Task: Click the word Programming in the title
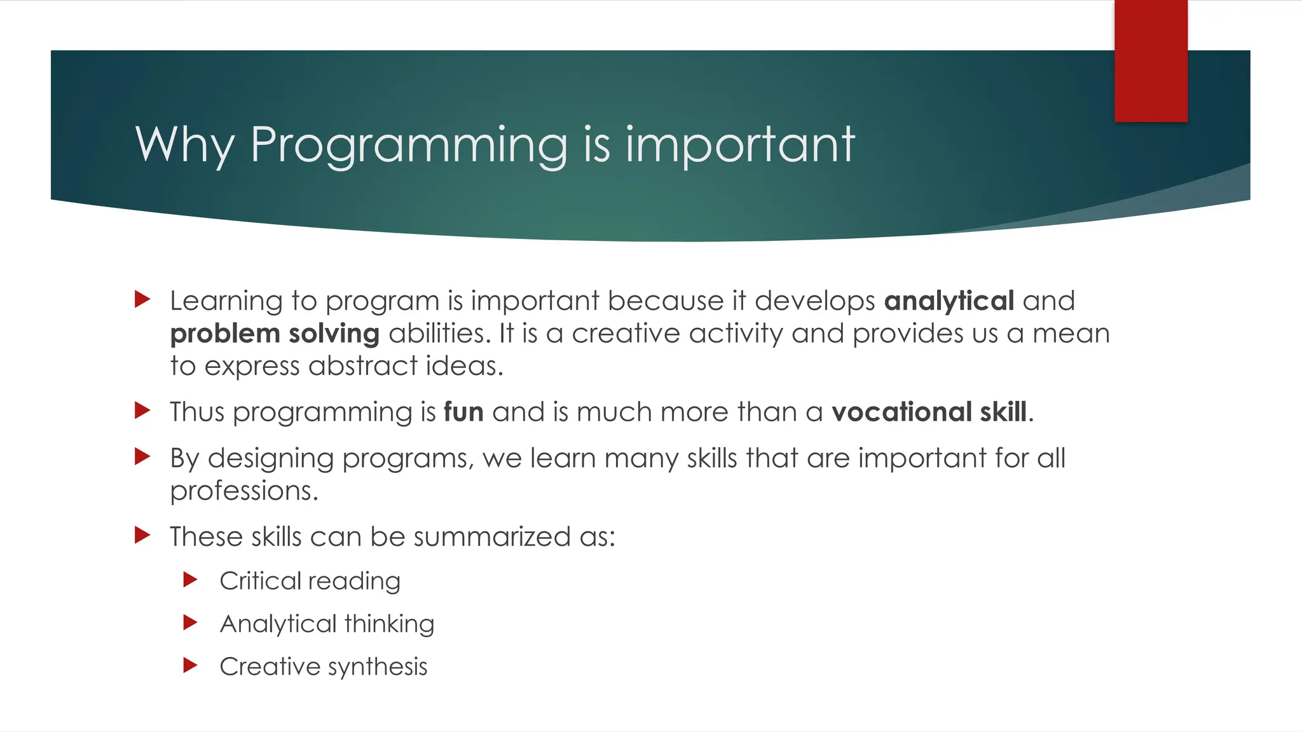click(x=408, y=146)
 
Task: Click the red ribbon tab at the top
click(x=1151, y=61)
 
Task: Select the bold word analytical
click(x=949, y=301)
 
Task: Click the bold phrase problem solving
click(x=275, y=334)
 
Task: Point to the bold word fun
click(x=463, y=412)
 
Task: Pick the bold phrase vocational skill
click(x=929, y=412)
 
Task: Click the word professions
click(x=243, y=491)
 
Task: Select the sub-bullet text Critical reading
click(x=310, y=581)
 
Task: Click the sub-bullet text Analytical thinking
click(x=327, y=624)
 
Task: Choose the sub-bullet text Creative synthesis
click(x=323, y=667)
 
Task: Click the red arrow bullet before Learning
click(x=142, y=299)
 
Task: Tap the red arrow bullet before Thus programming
click(x=142, y=410)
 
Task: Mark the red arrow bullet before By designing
click(x=142, y=456)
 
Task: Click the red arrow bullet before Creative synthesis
click(x=190, y=665)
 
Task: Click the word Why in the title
click(x=185, y=146)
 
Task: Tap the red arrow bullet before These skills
click(x=142, y=536)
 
